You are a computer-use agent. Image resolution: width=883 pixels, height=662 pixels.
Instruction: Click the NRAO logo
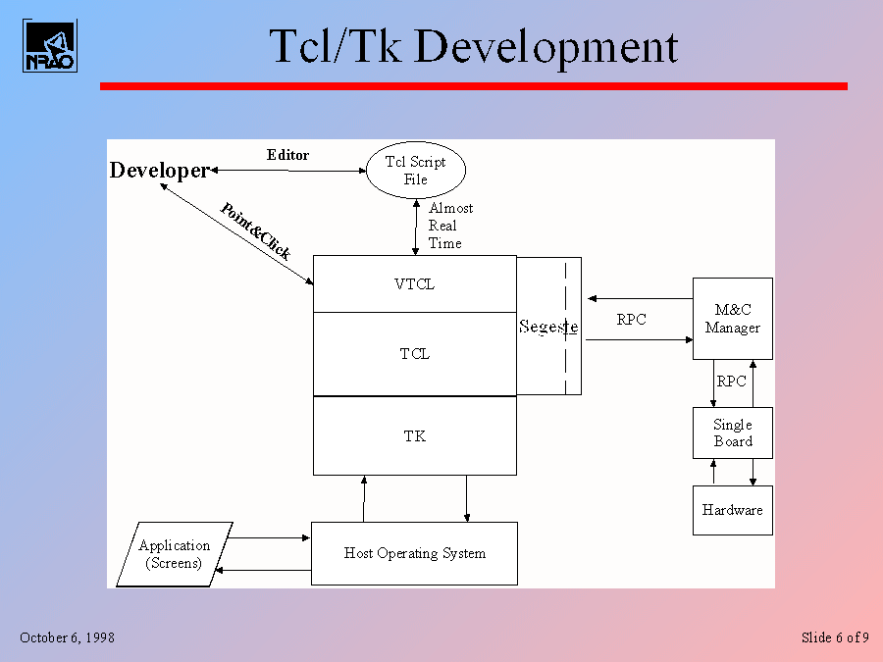(x=49, y=46)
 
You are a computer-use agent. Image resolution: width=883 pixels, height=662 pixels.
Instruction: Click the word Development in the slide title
(x=545, y=47)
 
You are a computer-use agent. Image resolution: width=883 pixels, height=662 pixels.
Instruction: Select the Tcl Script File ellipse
(x=416, y=171)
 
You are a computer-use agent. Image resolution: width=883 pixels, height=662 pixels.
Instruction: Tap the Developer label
(x=159, y=171)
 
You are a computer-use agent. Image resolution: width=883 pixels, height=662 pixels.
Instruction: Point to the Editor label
(x=287, y=155)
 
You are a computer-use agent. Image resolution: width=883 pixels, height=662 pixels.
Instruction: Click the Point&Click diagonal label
(x=255, y=230)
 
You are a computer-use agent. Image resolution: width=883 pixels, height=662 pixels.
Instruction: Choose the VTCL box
(x=414, y=284)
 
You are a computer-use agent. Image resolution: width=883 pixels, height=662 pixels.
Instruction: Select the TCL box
(x=414, y=354)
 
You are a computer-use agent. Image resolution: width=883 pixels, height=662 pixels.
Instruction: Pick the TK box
(x=414, y=435)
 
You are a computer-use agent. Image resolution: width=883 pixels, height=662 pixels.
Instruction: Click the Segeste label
(x=547, y=327)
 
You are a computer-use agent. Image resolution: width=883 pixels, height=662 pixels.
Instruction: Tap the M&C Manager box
(x=732, y=319)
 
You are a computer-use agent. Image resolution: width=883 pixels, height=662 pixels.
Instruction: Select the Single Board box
(x=732, y=433)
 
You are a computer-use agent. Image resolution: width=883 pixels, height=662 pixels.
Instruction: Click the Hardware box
(x=732, y=510)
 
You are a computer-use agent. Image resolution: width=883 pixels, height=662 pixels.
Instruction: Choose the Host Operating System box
(x=414, y=553)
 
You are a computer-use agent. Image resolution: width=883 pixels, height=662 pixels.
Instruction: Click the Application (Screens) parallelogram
(x=175, y=554)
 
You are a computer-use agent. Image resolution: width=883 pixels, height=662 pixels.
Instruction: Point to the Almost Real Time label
(x=449, y=226)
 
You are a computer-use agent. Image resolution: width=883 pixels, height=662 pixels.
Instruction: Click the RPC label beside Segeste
(x=631, y=320)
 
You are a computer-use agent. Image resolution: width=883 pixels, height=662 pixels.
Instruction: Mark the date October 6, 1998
(x=67, y=637)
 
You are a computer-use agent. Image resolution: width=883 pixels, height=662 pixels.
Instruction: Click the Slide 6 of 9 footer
(x=834, y=637)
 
